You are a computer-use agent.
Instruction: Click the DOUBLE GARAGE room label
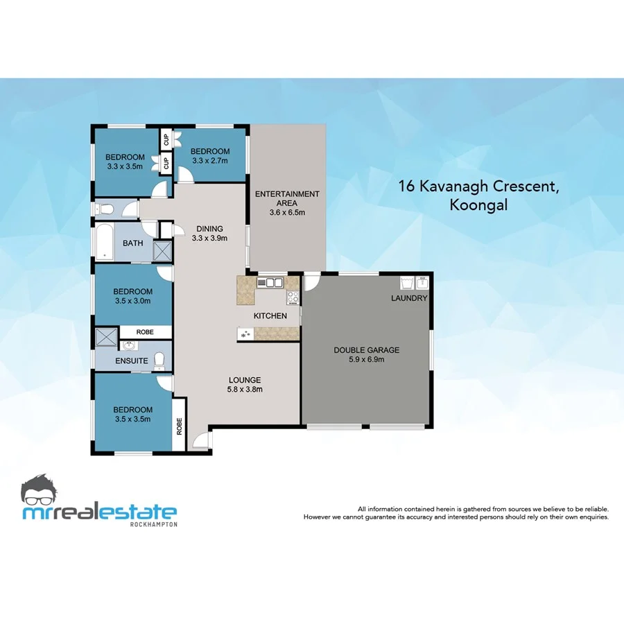click(x=366, y=350)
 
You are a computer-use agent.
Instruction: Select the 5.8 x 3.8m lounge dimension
click(x=245, y=389)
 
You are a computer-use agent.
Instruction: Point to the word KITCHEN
click(x=270, y=316)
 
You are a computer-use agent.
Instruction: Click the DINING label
click(x=209, y=229)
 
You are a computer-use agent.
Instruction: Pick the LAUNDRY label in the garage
click(x=409, y=298)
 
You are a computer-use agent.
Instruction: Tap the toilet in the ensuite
click(x=160, y=359)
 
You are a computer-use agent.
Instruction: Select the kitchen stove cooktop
click(x=293, y=298)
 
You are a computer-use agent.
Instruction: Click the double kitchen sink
click(x=270, y=282)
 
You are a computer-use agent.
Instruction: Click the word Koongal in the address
click(x=478, y=205)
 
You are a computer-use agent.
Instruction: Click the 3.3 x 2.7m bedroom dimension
click(x=210, y=161)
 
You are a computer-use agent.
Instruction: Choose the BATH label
click(x=132, y=243)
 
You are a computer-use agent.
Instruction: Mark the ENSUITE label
click(x=132, y=361)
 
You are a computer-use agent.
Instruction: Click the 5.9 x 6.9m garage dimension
click(x=366, y=359)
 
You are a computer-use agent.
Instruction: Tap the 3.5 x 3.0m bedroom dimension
click(x=132, y=301)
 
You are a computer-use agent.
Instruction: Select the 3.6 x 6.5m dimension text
click(x=287, y=212)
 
